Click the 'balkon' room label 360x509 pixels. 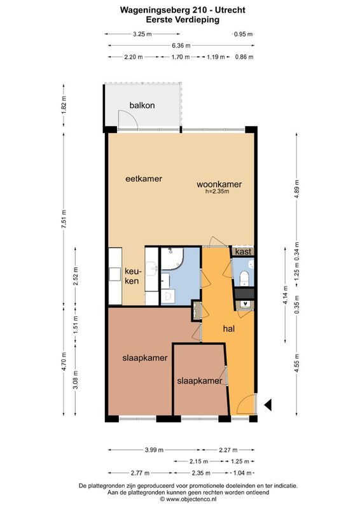point(142,105)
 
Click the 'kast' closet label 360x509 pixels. point(242,253)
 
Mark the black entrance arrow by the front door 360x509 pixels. point(268,404)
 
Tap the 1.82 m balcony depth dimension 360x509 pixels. point(64,105)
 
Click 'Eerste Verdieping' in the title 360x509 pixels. point(180,20)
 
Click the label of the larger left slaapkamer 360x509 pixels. point(144,358)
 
